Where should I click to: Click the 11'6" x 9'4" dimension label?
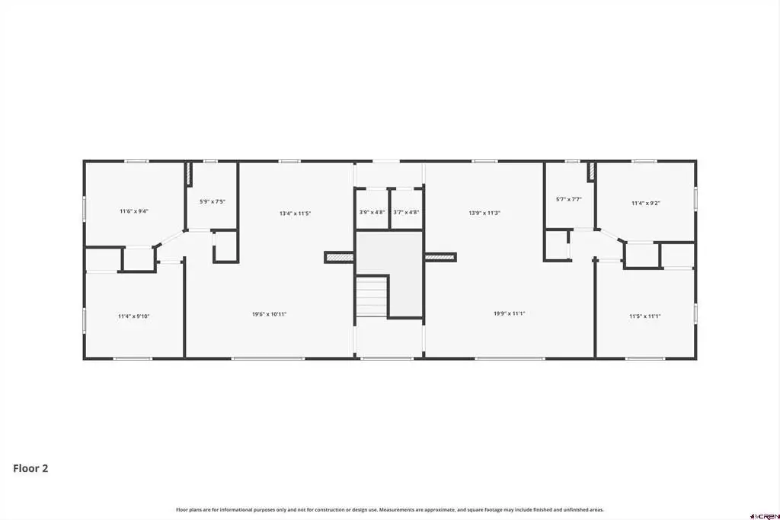click(134, 211)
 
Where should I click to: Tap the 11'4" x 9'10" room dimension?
click(134, 316)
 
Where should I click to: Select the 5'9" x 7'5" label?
click(213, 202)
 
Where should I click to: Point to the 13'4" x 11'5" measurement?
click(295, 213)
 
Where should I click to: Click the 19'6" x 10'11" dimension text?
click(269, 314)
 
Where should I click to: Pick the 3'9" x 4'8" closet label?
click(372, 212)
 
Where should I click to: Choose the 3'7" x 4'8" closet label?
click(406, 212)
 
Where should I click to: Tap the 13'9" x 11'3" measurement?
click(484, 213)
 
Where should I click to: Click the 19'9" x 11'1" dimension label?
click(510, 314)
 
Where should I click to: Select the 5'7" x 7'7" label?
click(568, 200)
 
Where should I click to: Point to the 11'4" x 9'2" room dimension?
click(646, 204)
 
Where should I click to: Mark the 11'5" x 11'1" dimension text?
click(644, 316)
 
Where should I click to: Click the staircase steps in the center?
click(372, 297)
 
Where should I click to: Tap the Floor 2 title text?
click(30, 468)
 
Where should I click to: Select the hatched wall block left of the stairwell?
click(339, 258)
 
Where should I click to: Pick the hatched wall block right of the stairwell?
click(441, 258)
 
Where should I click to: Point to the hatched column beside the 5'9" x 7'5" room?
click(189, 174)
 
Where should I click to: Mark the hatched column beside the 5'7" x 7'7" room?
click(591, 172)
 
